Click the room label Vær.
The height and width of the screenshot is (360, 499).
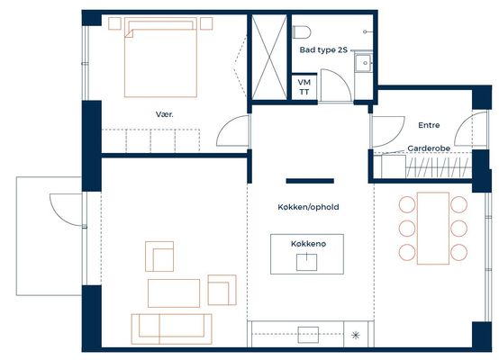coord(165,114)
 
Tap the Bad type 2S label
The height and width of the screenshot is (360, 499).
coord(323,49)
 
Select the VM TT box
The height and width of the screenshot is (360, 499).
coord(304,87)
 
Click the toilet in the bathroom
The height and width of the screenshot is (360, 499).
coord(302,31)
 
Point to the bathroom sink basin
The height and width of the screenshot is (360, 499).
coord(364,63)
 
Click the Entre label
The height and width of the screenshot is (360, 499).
coord(429,125)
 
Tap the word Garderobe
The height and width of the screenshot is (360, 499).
coord(429,148)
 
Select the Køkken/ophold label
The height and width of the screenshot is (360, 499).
coord(308,207)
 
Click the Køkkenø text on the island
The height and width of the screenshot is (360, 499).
coord(308,244)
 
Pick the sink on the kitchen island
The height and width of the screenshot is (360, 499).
coord(306,262)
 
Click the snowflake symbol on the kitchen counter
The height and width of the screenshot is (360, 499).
coord(356,335)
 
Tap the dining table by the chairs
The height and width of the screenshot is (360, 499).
coord(433,228)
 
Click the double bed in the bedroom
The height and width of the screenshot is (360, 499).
coord(160,58)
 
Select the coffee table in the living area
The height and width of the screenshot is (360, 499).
coord(174,293)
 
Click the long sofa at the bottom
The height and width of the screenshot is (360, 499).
coord(171,328)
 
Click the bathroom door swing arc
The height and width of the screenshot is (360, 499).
coord(343,78)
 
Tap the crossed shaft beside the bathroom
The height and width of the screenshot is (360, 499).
coord(269,57)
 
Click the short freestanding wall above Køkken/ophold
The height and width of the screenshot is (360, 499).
coord(310,181)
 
